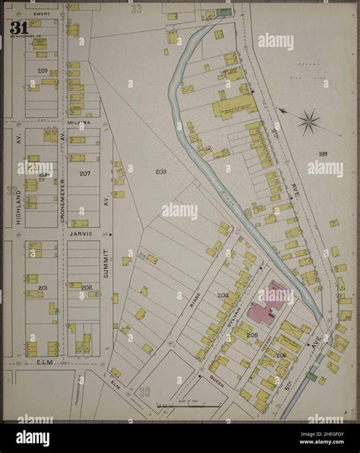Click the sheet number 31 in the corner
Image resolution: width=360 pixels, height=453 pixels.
[18, 28]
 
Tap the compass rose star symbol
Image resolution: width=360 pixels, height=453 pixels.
[309, 121]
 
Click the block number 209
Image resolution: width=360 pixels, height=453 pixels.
[43, 71]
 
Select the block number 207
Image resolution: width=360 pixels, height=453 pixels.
[85, 173]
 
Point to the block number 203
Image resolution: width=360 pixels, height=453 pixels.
[161, 172]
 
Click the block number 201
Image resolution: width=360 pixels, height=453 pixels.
[43, 287]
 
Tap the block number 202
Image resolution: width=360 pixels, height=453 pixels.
[87, 287]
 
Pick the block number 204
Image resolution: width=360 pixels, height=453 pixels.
[223, 295]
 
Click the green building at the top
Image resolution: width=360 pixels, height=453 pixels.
[223, 12]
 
